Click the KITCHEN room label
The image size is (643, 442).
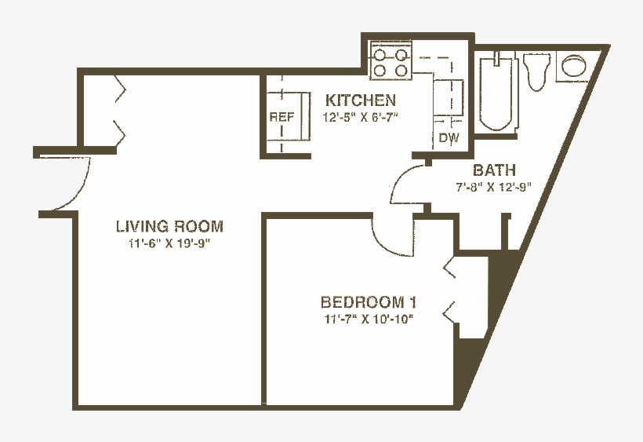361,100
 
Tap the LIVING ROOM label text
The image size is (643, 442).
169,227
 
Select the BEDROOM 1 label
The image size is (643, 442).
368,302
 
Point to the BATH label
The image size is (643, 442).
494,170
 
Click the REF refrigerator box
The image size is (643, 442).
283,118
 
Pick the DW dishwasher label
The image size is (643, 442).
448,138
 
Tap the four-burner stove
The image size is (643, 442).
391,63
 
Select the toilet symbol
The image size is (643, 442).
538,71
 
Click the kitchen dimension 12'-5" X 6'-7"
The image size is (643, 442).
361,119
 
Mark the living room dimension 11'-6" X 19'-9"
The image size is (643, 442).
170,243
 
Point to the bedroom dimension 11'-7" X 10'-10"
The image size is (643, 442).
368,319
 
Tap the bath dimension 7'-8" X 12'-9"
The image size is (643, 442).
494,188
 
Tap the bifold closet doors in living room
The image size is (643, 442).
120,110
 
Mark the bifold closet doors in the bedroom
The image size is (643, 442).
451,290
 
